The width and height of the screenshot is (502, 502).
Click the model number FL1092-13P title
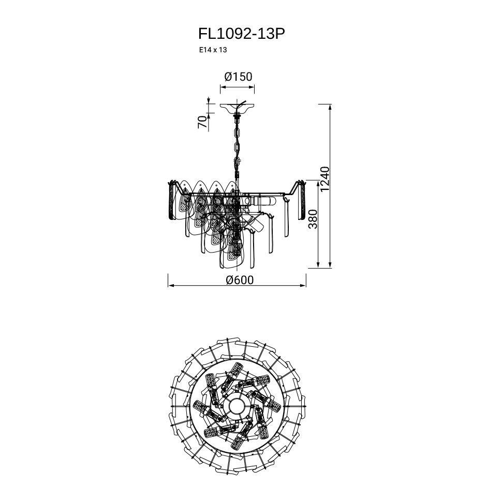(x=241, y=34)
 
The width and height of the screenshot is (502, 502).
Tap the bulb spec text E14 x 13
(x=213, y=50)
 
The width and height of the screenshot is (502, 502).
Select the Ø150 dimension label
(x=238, y=77)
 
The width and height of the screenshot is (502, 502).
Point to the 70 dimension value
(x=203, y=122)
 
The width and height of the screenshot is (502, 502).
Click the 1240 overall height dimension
(x=324, y=179)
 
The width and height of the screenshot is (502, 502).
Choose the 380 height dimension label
(x=313, y=219)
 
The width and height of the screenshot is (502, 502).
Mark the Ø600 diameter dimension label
(x=240, y=280)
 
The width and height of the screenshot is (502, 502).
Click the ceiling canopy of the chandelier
(x=237, y=108)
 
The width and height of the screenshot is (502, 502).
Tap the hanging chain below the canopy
(x=237, y=144)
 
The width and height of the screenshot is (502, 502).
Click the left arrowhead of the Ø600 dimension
(x=171, y=285)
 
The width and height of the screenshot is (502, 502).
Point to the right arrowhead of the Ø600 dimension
(x=303, y=285)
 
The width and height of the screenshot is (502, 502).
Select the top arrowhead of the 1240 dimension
(x=330, y=107)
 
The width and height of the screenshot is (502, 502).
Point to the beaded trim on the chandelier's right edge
(x=303, y=200)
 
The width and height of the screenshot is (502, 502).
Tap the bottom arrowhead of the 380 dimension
(x=318, y=264)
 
